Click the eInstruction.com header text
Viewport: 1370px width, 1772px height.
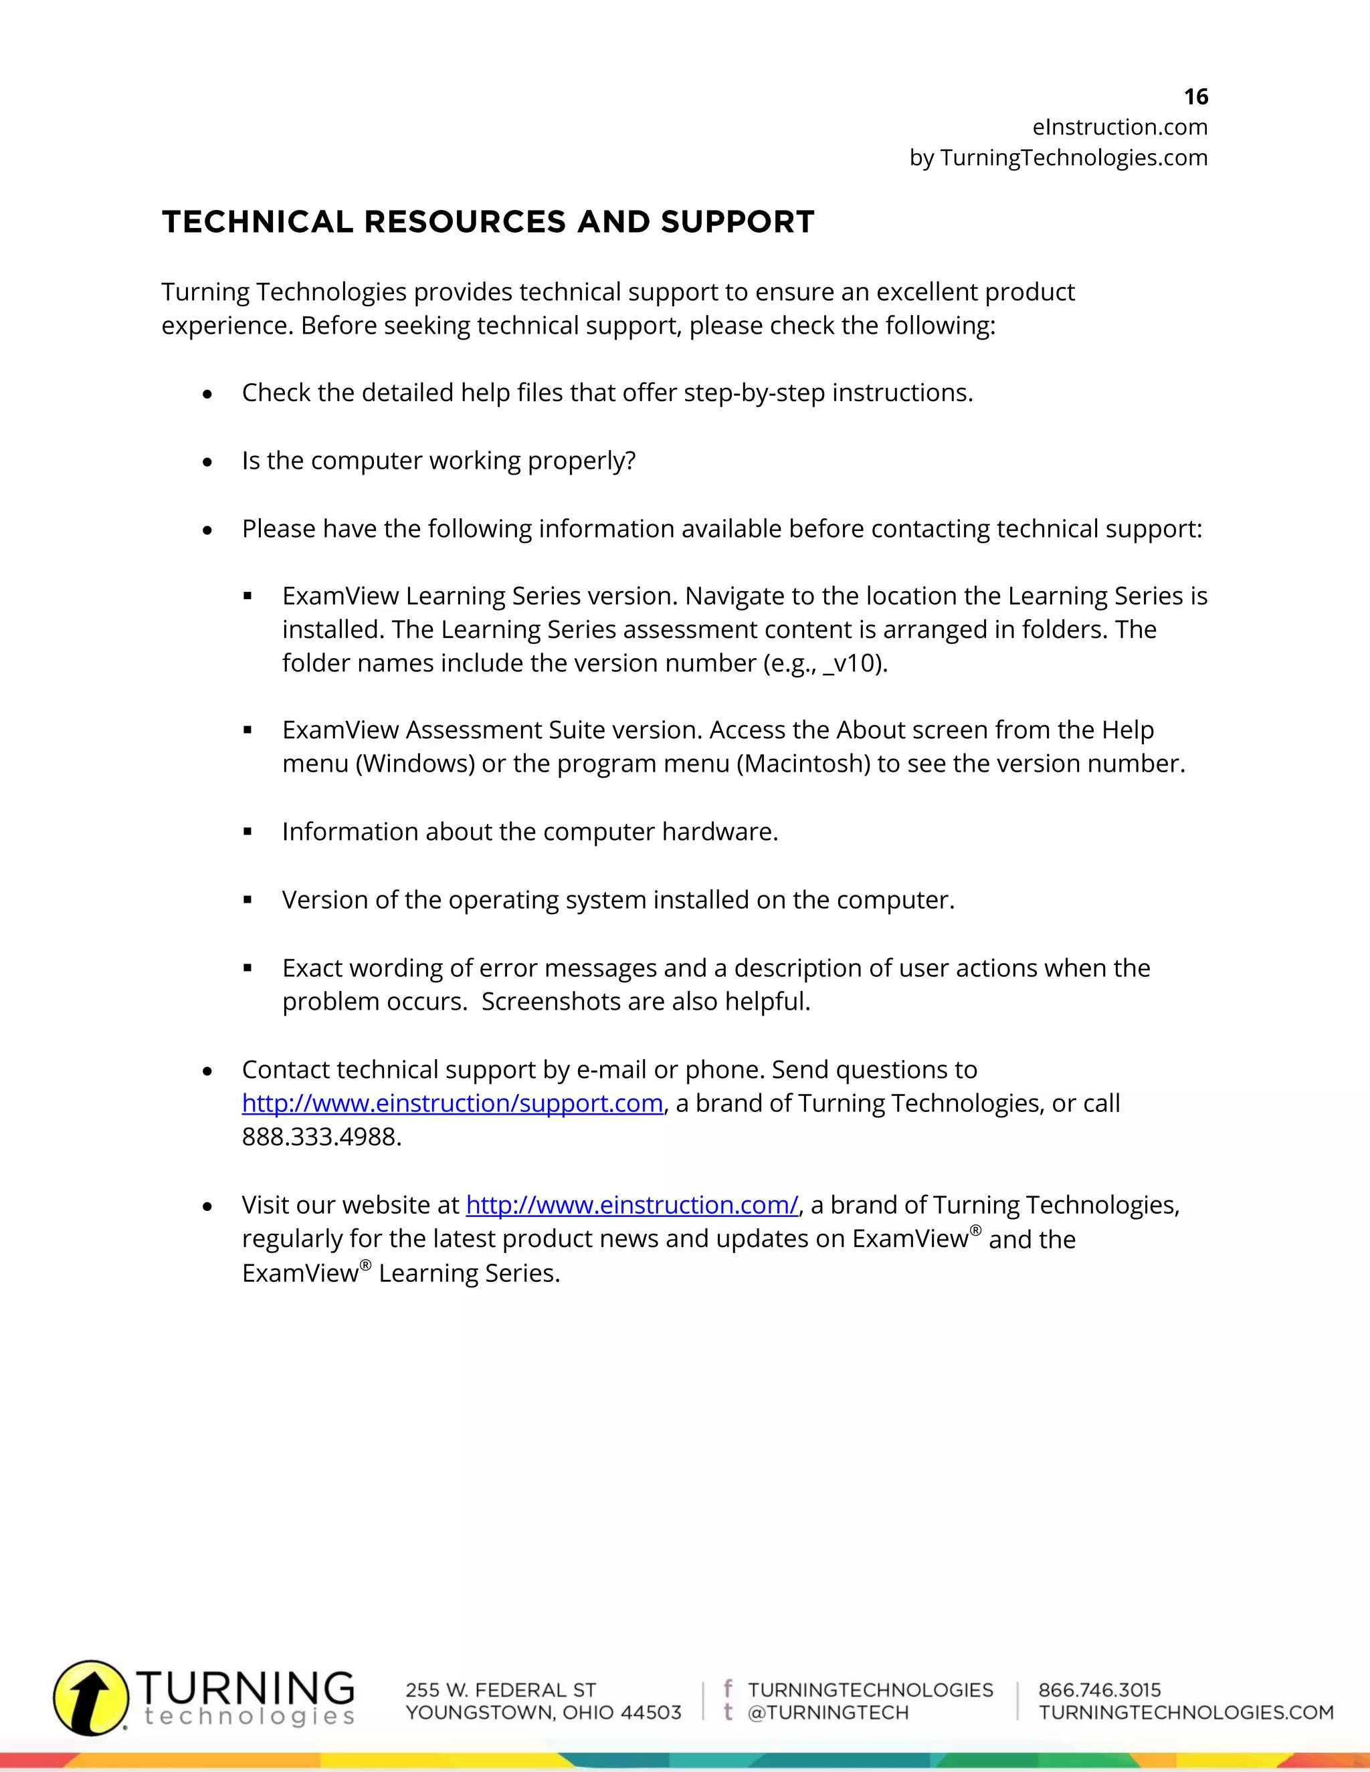click(1119, 127)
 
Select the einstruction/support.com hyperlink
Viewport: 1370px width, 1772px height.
click(452, 1103)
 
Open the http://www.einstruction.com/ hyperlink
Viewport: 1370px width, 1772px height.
click(631, 1205)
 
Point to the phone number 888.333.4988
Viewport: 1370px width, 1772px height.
click(320, 1137)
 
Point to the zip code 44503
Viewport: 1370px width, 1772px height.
click(651, 1712)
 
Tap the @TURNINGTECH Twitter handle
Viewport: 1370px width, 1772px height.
click(828, 1712)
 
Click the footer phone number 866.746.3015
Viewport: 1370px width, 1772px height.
click(1100, 1690)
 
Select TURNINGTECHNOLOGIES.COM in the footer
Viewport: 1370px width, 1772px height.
click(1186, 1712)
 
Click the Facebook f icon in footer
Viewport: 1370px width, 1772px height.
click(728, 1688)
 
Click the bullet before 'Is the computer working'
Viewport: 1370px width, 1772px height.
click(208, 461)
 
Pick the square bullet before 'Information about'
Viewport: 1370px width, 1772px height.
click(248, 832)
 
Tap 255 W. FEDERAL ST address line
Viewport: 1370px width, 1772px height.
click(501, 1690)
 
